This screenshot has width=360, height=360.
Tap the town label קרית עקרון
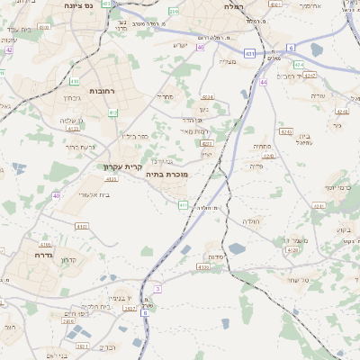click(x=122, y=166)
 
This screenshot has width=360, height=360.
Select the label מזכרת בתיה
click(x=166, y=175)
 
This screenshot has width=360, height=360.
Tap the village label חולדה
click(x=250, y=220)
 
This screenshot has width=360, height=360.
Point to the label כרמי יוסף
click(x=341, y=187)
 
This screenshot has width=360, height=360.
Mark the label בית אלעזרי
click(x=93, y=193)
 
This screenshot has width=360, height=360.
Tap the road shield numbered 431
click(x=249, y=54)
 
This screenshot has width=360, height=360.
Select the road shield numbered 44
click(x=264, y=82)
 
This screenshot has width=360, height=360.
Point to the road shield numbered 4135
click(x=202, y=266)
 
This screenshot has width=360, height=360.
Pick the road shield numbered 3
click(x=157, y=289)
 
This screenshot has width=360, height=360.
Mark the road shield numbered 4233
click(x=206, y=142)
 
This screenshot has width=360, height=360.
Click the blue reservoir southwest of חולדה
click(x=237, y=248)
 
